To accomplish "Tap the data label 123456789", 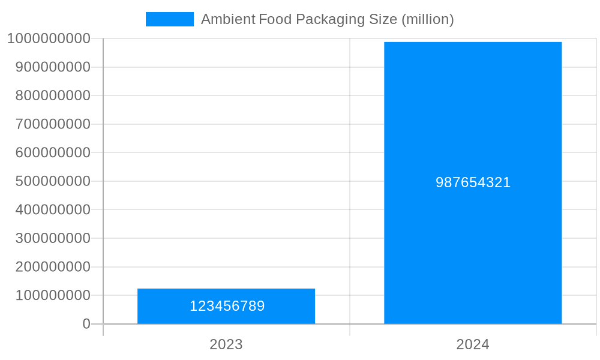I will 227,306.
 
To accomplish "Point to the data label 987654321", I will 473,182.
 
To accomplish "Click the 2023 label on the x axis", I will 226,344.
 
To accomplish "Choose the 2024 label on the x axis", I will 473,344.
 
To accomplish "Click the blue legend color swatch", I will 170,19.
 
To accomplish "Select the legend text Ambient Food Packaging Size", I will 299,19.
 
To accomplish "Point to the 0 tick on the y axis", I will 86,324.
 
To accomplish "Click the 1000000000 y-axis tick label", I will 49,38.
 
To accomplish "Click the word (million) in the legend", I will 427,19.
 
